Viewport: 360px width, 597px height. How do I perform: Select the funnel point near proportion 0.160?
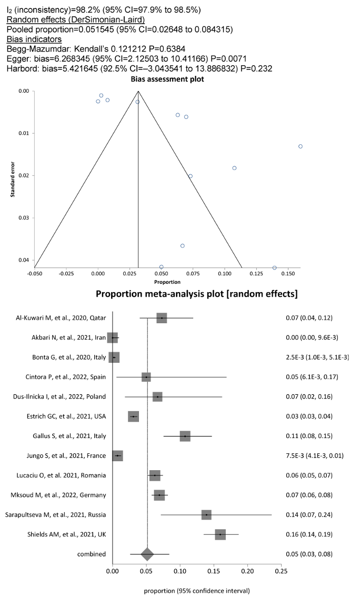(301, 146)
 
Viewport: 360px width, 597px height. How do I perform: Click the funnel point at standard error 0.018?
(234, 168)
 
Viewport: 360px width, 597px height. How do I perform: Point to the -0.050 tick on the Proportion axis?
(35, 274)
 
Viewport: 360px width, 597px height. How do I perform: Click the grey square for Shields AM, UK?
(220, 534)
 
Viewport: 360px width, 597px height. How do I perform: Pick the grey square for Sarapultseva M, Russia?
(206, 514)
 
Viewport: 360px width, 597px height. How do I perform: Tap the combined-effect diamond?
(147, 554)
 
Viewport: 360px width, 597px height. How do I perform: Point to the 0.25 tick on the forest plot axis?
(281, 570)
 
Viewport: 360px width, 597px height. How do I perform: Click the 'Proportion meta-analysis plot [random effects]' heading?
(197, 294)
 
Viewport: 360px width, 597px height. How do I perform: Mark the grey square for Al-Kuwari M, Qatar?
(162, 319)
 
